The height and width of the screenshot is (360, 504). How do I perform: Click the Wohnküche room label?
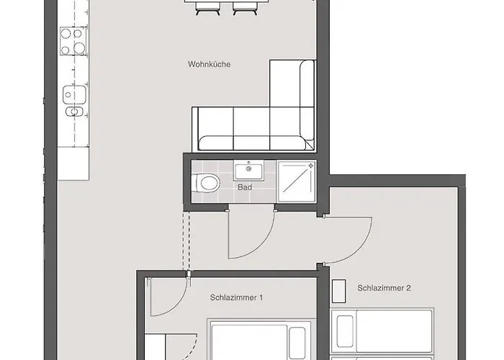coord(209,64)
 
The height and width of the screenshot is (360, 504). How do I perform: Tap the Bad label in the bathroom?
coord(245,187)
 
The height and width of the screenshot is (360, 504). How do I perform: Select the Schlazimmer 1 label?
coord(236,297)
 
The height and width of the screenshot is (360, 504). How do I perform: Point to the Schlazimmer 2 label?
coord(384,288)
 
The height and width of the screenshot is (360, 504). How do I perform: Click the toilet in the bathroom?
coord(206,183)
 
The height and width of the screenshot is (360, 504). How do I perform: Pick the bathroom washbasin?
coord(248,171)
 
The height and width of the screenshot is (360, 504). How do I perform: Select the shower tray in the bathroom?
coord(297,181)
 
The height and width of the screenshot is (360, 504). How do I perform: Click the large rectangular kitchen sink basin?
coord(74,94)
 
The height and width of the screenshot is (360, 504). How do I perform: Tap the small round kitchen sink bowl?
coord(74,112)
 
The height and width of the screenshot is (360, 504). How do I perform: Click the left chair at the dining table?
coord(207,8)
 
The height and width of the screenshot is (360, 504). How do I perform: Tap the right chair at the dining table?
coord(246,8)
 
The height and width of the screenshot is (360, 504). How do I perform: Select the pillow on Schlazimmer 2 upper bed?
coord(345,331)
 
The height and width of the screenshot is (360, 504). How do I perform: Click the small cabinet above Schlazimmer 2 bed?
coord(339,291)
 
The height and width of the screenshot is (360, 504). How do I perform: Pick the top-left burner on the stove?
coord(66,33)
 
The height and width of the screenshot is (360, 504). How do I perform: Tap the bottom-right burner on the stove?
coord(79,48)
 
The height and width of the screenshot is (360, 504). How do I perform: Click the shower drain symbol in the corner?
coord(311,166)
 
